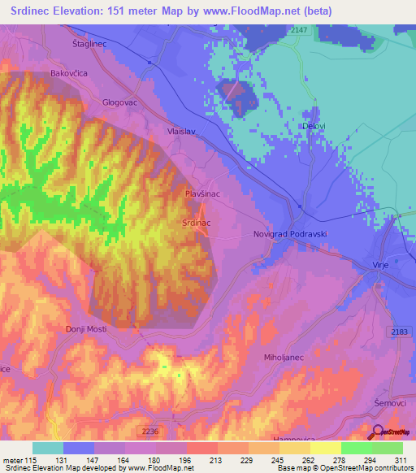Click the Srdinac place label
coord(197,221)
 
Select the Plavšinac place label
coord(203,195)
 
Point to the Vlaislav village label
coord(183,129)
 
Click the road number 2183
coord(398,333)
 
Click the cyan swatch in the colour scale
coord(48,448)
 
